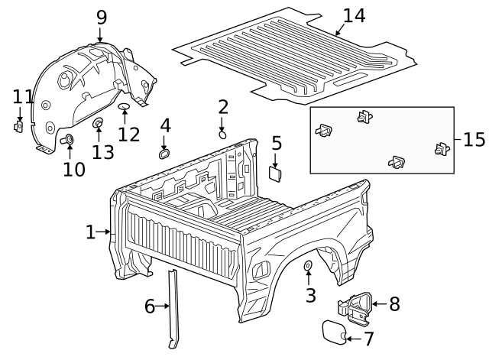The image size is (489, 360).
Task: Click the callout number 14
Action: pyautogui.click(x=354, y=16)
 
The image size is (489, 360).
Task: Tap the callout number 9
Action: pyautogui.click(x=101, y=17)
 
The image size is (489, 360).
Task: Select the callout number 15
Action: pyautogui.click(x=474, y=139)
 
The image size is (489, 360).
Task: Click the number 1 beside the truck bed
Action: pyautogui.click(x=91, y=232)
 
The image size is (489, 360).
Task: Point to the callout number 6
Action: pyautogui.click(x=150, y=306)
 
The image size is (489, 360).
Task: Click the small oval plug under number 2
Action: pyautogui.click(x=222, y=134)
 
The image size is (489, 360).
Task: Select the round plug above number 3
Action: pyautogui.click(x=308, y=266)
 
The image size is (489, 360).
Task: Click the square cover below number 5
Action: pyautogui.click(x=275, y=173)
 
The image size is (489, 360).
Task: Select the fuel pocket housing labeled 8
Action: pyautogui.click(x=352, y=306)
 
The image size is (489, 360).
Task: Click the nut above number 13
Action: pyautogui.click(x=98, y=123)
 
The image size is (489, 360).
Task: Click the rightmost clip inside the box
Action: pyautogui.click(x=441, y=150)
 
